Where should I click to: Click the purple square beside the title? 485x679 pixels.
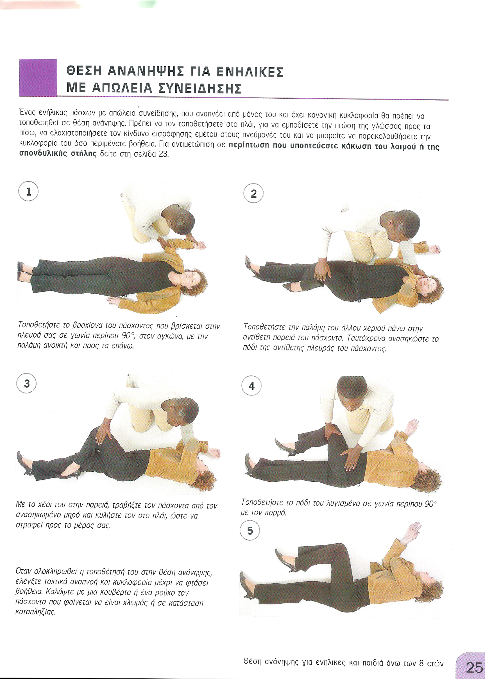click(x=38, y=78)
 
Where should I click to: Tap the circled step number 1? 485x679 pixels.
click(x=28, y=192)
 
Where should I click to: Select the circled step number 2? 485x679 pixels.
click(x=253, y=194)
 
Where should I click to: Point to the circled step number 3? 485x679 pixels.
click(x=27, y=383)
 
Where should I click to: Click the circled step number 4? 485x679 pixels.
click(x=251, y=386)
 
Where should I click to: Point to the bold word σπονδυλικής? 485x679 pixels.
click(x=39, y=155)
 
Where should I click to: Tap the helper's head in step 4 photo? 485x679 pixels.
click(x=352, y=391)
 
